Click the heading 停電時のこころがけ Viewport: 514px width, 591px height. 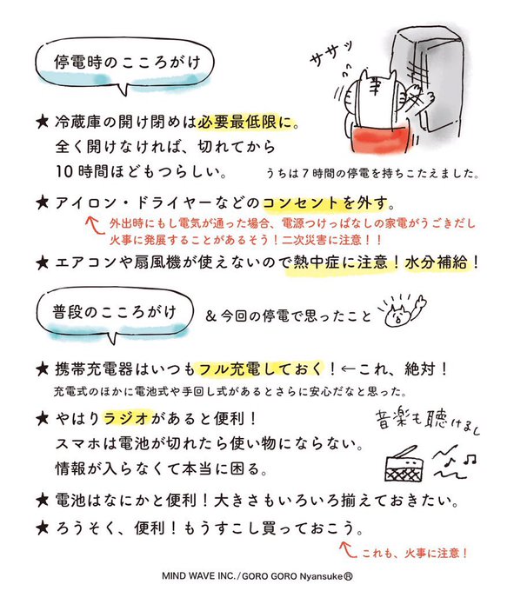127,63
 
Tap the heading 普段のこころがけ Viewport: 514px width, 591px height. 115,312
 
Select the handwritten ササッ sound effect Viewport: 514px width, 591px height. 331,55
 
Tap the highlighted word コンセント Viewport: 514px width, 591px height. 301,203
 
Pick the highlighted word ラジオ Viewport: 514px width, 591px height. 127,418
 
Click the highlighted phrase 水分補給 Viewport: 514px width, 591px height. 437,262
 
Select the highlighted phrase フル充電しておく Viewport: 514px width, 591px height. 261,369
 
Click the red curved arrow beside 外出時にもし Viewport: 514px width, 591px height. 94,225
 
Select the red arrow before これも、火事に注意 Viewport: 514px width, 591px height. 348,550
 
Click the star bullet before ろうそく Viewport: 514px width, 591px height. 43,528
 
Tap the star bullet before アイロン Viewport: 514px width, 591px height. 43,203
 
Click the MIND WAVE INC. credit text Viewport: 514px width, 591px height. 199,576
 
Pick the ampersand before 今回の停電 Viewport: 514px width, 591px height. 210,316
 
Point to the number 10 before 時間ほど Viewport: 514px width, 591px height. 63,171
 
